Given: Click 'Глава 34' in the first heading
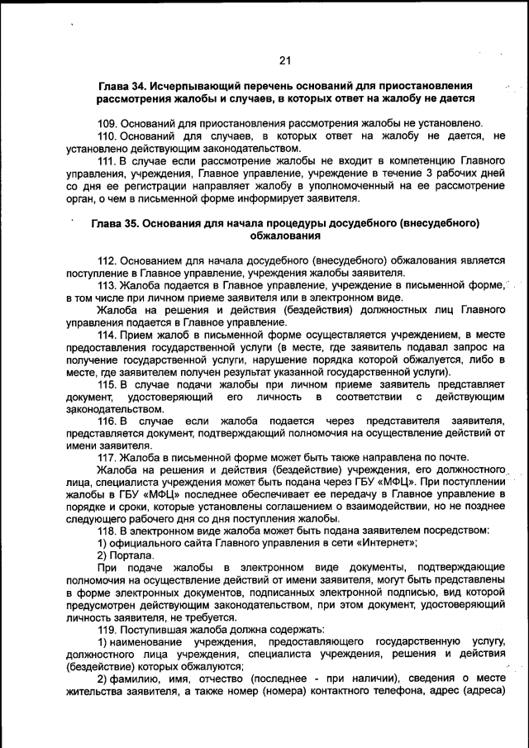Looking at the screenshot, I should coord(124,87).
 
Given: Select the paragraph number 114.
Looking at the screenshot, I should coord(107,335).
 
